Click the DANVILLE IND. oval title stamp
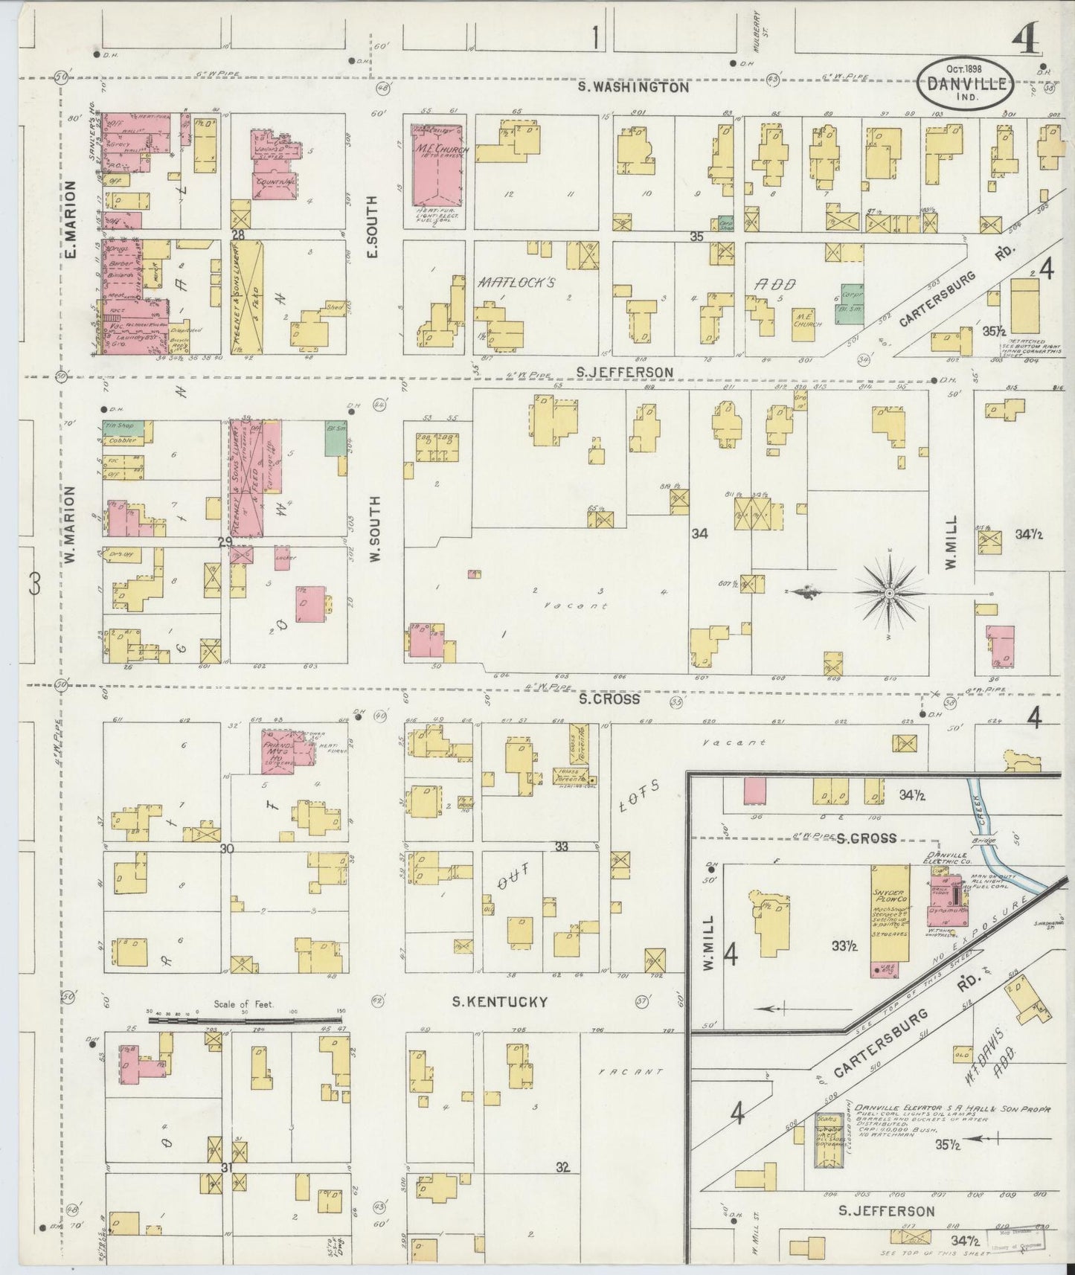coord(966,86)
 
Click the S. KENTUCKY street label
coord(500,1002)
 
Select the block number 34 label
coord(699,533)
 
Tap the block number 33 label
coord(562,847)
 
